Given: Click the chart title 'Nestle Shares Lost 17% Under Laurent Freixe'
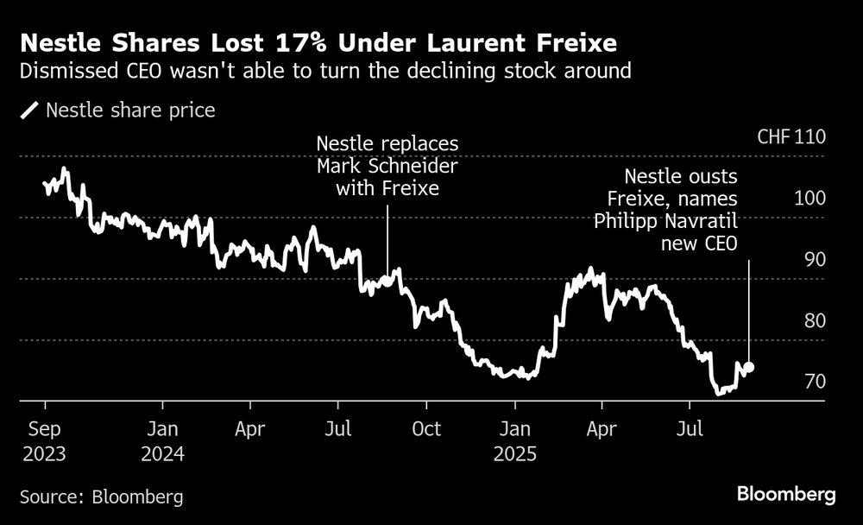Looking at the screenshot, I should pyautogui.click(x=319, y=41).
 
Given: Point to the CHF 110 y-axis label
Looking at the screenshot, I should pyautogui.click(x=791, y=137).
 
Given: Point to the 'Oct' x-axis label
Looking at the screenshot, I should pyautogui.click(x=426, y=428).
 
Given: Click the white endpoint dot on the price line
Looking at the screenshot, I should pyautogui.click(x=748, y=367).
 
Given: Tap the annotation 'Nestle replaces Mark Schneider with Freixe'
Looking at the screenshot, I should pyautogui.click(x=387, y=166).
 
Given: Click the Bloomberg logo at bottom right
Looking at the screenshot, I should pyautogui.click(x=786, y=495).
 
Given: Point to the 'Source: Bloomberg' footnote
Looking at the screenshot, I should pyautogui.click(x=102, y=497).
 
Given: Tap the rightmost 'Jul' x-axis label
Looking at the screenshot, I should pyautogui.click(x=689, y=428).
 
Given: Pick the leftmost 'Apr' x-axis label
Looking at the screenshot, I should pyautogui.click(x=249, y=428).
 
